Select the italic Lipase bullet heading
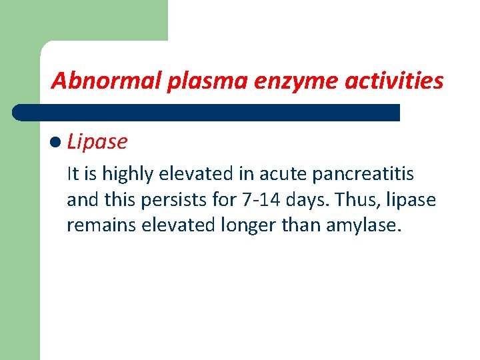point(97,141)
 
